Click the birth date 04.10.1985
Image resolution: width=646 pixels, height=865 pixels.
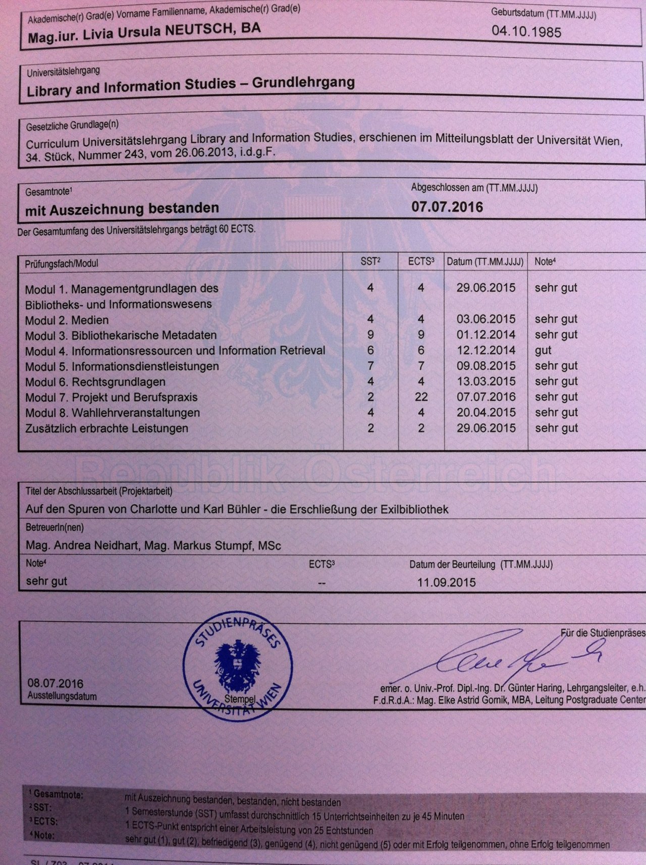click(x=526, y=32)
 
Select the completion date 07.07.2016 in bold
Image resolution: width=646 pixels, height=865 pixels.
click(x=447, y=207)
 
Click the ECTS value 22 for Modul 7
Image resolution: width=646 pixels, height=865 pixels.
click(x=421, y=397)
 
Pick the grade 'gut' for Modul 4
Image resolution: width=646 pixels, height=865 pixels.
click(x=543, y=350)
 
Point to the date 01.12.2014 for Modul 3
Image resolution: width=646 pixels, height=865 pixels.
click(x=486, y=335)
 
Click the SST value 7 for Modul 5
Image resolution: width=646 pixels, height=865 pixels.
click(x=370, y=366)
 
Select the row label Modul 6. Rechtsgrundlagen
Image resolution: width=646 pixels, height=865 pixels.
click(x=95, y=382)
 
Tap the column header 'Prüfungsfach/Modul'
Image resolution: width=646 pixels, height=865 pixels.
click(x=62, y=263)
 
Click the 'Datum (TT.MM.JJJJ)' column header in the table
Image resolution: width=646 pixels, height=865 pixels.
click(x=485, y=262)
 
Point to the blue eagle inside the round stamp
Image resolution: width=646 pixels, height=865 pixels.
click(x=234, y=661)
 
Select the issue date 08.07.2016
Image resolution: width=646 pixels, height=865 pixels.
click(x=56, y=684)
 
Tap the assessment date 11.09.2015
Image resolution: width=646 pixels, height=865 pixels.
click(x=446, y=582)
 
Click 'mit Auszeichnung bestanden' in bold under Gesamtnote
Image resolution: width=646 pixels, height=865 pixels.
click(x=122, y=208)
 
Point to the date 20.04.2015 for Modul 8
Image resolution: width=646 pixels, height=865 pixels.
click(x=486, y=413)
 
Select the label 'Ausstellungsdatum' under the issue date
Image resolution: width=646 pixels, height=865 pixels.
click(x=62, y=696)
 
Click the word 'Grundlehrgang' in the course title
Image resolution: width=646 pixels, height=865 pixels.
click(x=303, y=83)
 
